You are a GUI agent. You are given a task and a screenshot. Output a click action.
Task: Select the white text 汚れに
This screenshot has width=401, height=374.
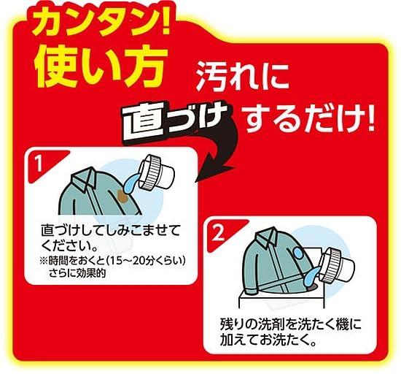coord(244,77)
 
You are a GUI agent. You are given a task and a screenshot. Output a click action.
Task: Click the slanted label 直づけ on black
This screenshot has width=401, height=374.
coord(175,123)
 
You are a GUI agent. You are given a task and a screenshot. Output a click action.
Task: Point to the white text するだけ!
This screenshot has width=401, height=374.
coord(308,118)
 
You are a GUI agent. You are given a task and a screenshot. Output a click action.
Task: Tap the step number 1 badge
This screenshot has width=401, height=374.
coord(39,164)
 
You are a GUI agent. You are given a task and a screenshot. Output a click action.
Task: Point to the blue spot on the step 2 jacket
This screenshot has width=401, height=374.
coord(298,253)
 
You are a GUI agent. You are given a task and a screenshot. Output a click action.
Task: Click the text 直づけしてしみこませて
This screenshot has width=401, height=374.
coord(111,231)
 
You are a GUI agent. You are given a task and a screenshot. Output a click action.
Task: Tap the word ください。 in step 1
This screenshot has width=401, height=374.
coord(70,246)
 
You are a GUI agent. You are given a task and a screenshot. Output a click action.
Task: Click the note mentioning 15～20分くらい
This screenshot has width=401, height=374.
coord(112,262)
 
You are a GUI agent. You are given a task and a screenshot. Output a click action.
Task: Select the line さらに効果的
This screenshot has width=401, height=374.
coord(77,274)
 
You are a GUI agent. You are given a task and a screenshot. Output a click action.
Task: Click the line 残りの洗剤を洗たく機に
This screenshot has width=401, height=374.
coord(290,324)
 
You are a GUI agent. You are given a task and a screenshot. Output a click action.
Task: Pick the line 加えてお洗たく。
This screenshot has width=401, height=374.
coord(268,340)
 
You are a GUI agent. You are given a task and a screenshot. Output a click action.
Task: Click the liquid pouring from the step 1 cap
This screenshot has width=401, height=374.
coord(132,183)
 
